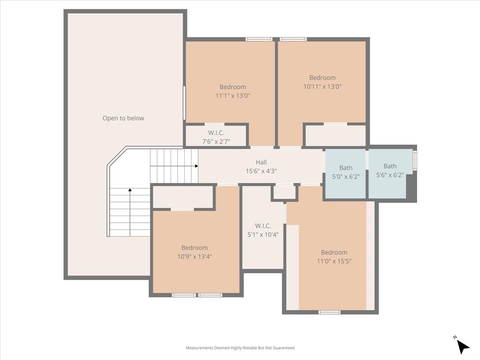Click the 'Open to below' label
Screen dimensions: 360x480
123,118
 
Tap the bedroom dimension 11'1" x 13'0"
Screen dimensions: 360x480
232,96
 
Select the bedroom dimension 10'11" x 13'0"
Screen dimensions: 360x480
322,86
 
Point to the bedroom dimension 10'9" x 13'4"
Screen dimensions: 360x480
195,256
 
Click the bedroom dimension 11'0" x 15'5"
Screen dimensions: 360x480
334,261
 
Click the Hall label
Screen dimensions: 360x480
261,162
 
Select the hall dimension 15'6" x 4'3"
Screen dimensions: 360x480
261,171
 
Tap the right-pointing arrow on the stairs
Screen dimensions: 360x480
195,166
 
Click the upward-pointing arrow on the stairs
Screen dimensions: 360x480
130,190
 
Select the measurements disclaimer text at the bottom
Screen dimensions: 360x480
240,348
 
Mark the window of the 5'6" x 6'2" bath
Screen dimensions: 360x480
414,160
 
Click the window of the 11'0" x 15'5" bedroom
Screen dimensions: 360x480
329,312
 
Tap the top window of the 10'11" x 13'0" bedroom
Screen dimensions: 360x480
293,39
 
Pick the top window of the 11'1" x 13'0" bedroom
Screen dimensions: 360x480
259,39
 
